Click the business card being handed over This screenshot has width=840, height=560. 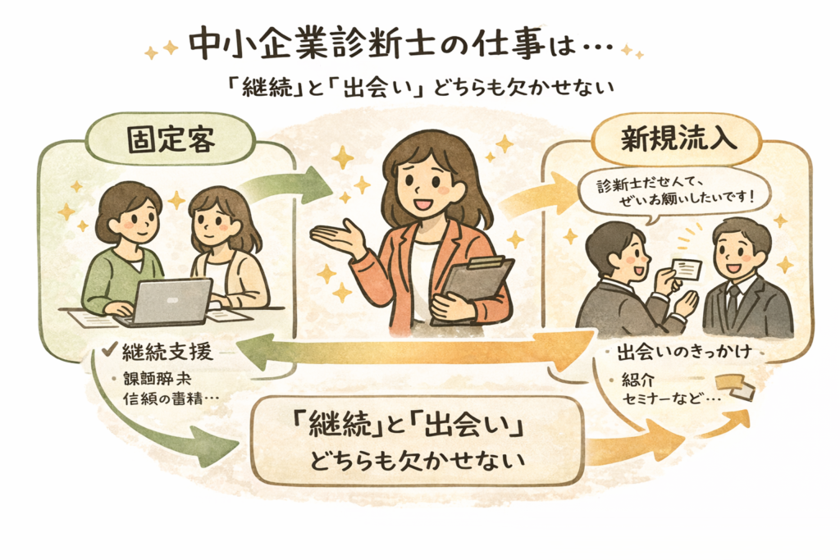pos(687,266)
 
